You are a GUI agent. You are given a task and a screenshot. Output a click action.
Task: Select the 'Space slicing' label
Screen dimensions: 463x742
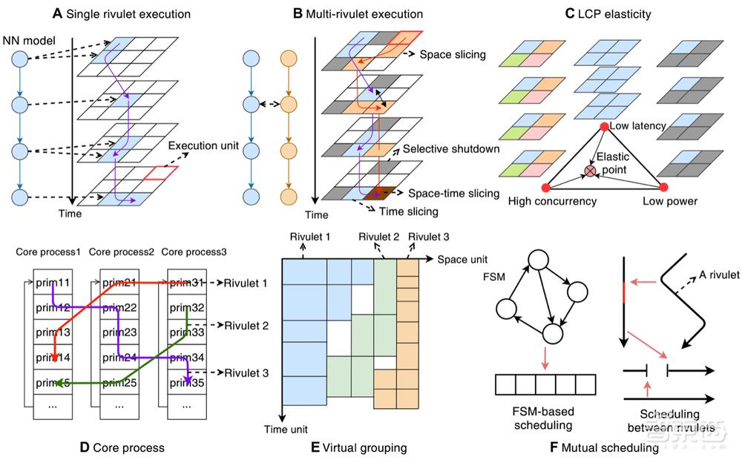pyautogui.click(x=453, y=55)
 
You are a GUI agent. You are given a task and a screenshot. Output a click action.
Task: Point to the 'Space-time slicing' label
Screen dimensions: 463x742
pyautogui.click(x=454, y=193)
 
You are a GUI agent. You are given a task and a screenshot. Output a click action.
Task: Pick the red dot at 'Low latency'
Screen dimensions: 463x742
pyautogui.click(x=604, y=128)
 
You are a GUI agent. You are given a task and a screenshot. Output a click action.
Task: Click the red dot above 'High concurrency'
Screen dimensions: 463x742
pyautogui.click(x=546, y=186)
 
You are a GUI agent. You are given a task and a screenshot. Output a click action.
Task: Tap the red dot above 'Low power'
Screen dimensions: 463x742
pyautogui.click(x=663, y=186)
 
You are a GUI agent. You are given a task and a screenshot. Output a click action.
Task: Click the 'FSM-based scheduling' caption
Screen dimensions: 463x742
pyautogui.click(x=545, y=418)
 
